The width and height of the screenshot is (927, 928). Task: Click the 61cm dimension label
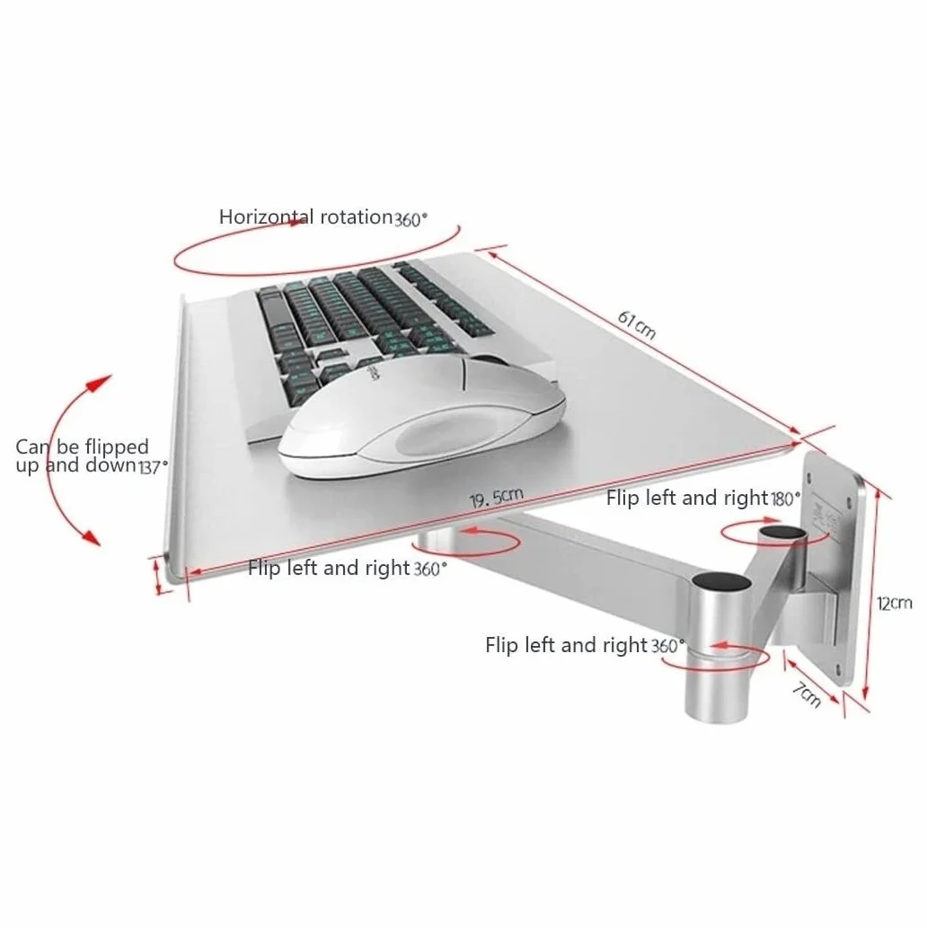(637, 325)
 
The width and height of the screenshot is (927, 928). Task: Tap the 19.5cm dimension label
(497, 499)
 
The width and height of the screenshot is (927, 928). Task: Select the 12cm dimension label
(895, 604)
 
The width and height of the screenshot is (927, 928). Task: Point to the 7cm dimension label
(808, 694)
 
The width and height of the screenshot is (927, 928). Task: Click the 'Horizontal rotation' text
(305, 217)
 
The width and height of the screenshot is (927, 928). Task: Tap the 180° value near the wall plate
(785, 499)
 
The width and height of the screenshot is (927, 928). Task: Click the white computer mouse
(421, 416)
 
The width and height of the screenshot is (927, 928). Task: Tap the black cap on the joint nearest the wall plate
(782, 532)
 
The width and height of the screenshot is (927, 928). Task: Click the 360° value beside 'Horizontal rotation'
(411, 219)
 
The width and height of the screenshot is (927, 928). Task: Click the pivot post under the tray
(437, 540)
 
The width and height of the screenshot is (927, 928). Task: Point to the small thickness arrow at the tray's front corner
(157, 577)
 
